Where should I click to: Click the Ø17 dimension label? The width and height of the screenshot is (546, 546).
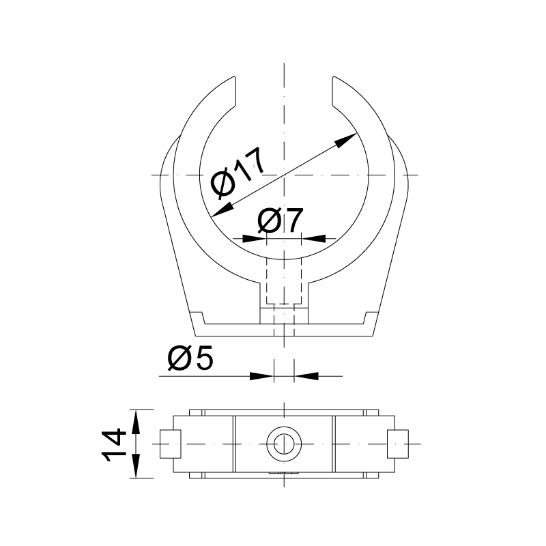[x=238, y=173]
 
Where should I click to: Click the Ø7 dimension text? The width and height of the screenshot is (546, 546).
[x=281, y=220]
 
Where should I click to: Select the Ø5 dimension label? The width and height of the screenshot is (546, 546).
[x=190, y=359]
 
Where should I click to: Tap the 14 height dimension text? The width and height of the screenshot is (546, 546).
[x=113, y=445]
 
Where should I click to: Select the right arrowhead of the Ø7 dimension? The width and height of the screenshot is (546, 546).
[x=313, y=239]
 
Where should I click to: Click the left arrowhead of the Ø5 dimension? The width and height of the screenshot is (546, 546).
[x=262, y=376]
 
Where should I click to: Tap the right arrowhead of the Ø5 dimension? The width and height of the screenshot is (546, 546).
[x=306, y=376]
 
